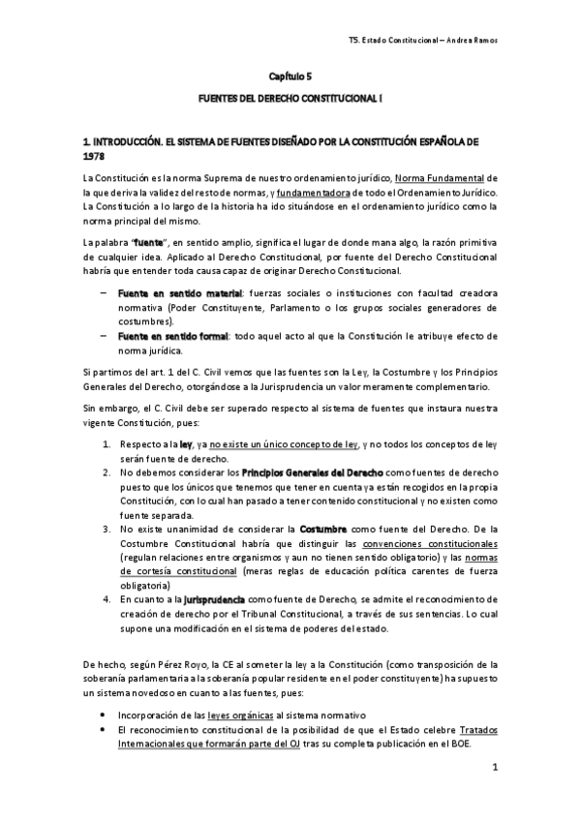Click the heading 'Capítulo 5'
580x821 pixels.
point(290,75)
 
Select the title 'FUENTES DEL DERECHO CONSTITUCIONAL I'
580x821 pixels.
point(290,99)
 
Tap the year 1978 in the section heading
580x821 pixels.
point(96,155)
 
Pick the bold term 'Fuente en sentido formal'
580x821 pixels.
point(172,336)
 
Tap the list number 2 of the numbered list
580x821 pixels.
point(107,471)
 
